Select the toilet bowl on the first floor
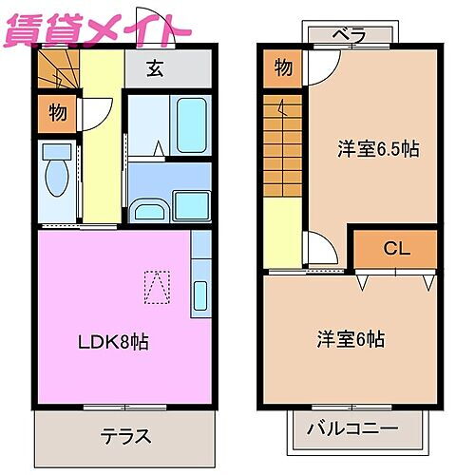tap(56, 180)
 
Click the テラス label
tap(125, 436)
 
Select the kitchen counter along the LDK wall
tap(199, 275)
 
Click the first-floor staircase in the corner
tap(58, 70)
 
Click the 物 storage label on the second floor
tap(282, 67)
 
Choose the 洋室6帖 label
tap(351, 339)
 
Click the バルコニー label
tap(351, 429)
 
